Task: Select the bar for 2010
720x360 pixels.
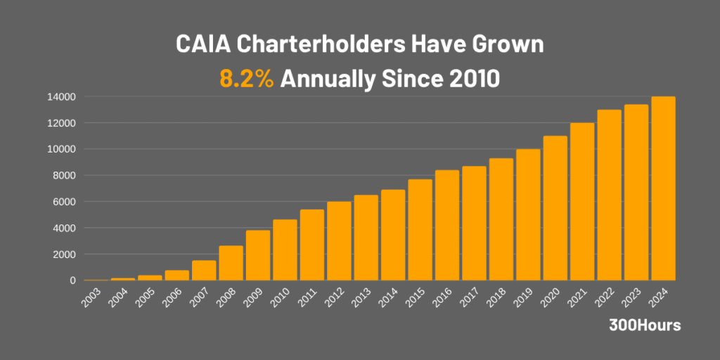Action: tap(285, 250)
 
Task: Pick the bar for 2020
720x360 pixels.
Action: tap(555, 208)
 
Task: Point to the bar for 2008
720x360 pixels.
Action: tap(231, 263)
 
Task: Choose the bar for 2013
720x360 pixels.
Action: tap(366, 238)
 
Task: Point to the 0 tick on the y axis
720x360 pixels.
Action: tap(72, 281)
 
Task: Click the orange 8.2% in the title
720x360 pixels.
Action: tap(246, 79)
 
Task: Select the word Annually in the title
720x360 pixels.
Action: tap(327, 79)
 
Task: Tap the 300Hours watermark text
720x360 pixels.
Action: tap(645, 326)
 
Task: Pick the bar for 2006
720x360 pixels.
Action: tap(176, 275)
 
